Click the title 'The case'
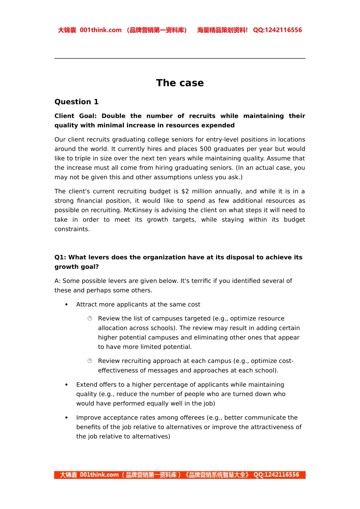click(180, 83)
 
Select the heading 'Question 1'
click(76, 102)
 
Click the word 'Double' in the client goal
click(113, 116)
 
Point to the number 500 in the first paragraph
click(205, 149)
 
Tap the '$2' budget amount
click(185, 191)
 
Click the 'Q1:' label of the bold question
click(60, 257)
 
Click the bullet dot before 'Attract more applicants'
click(67, 304)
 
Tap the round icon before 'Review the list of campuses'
click(90, 319)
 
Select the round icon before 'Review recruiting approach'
click(90, 361)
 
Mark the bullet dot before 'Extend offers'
click(67, 385)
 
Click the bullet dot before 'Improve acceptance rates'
click(67, 418)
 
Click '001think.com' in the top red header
click(100, 30)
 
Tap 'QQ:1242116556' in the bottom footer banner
click(276, 475)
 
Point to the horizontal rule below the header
click(180, 58)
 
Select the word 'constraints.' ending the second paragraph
click(72, 229)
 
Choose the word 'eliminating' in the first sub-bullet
click(223, 337)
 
